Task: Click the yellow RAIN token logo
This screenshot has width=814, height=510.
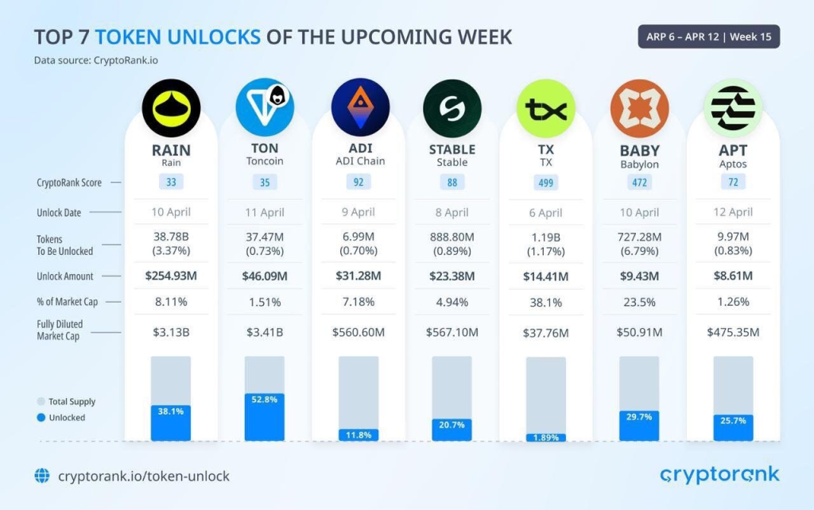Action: click(171, 108)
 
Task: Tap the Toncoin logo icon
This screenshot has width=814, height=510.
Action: click(264, 108)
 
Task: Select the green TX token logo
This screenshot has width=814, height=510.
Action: click(545, 108)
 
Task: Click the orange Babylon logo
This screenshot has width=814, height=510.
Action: click(640, 108)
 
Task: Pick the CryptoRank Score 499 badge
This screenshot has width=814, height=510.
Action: click(546, 183)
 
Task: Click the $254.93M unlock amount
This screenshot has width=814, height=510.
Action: click(171, 276)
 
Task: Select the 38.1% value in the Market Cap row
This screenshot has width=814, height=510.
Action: click(546, 302)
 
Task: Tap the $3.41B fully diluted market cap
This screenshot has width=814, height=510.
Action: click(264, 332)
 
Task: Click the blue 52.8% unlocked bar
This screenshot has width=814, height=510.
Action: click(264, 418)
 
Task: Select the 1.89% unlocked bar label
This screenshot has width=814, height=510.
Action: click(546, 437)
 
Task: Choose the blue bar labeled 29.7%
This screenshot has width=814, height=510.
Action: click(640, 426)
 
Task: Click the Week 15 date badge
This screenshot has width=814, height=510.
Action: click(708, 37)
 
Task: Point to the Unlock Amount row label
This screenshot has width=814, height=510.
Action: click(64, 276)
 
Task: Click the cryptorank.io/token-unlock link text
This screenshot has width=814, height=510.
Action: click(143, 476)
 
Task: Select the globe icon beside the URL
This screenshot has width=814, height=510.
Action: click(42, 476)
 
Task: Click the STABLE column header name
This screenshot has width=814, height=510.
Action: click(452, 149)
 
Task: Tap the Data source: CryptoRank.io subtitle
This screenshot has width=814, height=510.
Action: click(101, 60)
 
